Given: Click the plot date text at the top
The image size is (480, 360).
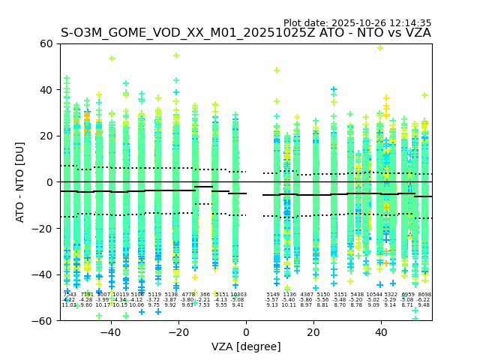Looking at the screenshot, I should (357, 23).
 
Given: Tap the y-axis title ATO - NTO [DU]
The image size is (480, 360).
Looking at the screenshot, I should (20, 182).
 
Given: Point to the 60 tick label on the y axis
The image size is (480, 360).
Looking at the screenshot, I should (46, 43).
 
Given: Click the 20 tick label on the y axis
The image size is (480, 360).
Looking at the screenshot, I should (46, 136).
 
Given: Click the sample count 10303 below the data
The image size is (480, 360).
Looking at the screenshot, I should (238, 295).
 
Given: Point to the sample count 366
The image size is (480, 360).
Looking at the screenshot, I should (205, 295).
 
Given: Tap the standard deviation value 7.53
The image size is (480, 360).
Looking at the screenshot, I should (204, 305).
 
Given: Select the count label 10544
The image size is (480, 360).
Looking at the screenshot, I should (373, 295).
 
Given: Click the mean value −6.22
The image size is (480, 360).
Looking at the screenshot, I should (424, 300).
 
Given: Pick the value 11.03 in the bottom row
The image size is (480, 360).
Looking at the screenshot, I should (68, 305).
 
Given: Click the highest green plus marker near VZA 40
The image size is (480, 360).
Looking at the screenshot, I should (380, 48).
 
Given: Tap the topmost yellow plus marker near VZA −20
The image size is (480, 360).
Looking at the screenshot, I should (176, 55).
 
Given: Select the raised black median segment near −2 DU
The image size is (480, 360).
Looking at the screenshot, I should (203, 187).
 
